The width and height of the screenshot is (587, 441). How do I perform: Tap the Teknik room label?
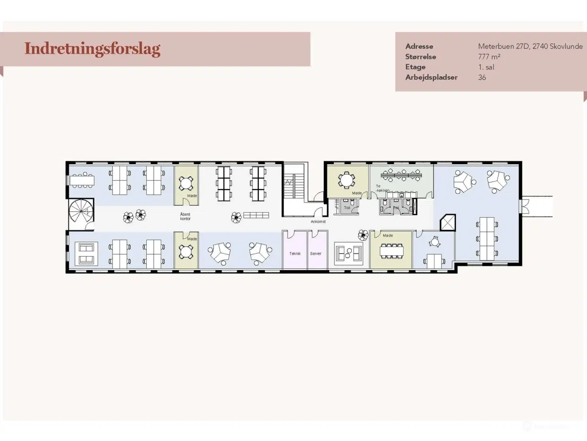294,254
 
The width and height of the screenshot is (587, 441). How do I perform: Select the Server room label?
316,254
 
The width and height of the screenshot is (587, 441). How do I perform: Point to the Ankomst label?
318,222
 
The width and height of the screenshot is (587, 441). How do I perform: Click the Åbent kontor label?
185,216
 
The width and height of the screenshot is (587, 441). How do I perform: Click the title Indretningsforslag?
92,49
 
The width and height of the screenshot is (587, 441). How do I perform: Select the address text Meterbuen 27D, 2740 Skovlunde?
530,46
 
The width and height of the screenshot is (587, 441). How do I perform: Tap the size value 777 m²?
489,57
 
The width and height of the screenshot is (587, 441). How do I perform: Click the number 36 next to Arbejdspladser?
482,78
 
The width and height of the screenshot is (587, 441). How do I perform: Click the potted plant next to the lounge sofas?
363,235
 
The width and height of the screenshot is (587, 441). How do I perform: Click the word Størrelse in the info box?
421,57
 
